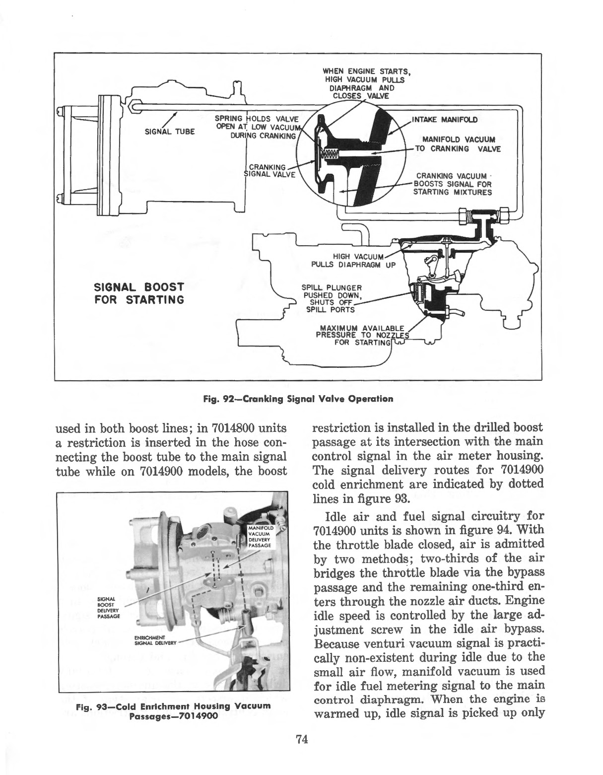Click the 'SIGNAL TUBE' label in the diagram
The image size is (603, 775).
point(169,132)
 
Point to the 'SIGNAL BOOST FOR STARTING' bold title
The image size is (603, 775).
point(139,293)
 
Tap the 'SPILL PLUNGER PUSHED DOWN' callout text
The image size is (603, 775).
point(332,299)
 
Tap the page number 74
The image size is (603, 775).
point(302,740)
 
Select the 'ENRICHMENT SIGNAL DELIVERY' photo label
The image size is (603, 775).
point(149,640)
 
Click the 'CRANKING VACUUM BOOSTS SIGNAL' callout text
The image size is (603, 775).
point(452,184)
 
